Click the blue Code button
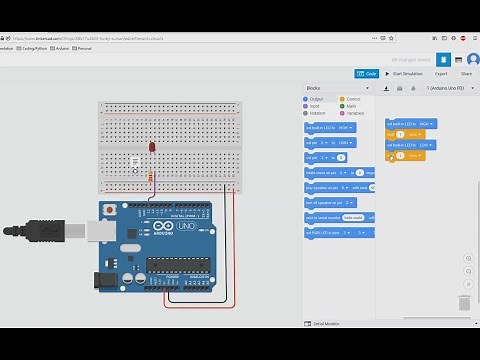367,73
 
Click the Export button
441,73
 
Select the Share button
466,73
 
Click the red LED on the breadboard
152,147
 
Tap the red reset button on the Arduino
108,211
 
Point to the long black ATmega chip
181,270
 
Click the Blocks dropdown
336,88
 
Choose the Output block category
316,99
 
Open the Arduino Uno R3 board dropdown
430,88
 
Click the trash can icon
465,302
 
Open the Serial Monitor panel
326,324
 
